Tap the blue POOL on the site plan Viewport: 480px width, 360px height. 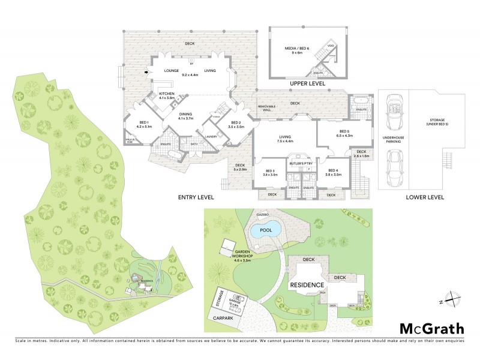coord(262,230)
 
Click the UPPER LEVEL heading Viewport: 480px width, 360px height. coord(307,83)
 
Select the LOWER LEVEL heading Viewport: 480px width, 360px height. coord(424,196)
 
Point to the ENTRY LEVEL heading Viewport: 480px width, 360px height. coord(196,197)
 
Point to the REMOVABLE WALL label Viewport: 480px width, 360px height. coord(268,109)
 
